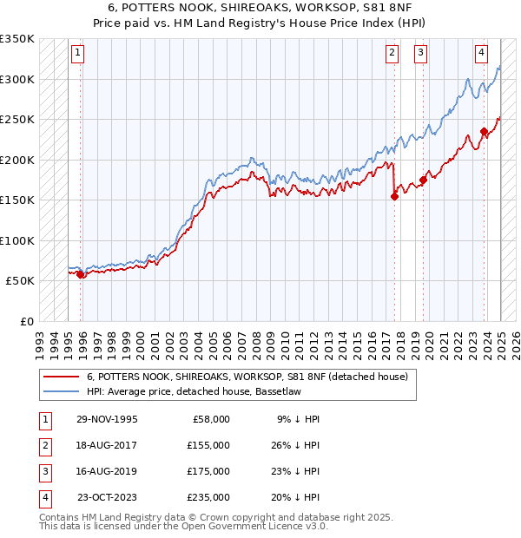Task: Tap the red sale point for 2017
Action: coord(394,196)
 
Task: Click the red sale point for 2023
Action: coord(484,132)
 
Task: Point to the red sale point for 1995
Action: coord(81,274)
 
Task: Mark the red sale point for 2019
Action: coord(424,180)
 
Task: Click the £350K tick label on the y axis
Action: coord(16,39)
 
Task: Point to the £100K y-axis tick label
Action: coord(16,240)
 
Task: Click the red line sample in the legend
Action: coord(61,377)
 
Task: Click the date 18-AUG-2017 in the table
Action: coord(107,446)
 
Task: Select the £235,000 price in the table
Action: coord(209,498)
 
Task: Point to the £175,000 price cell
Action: coord(209,472)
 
